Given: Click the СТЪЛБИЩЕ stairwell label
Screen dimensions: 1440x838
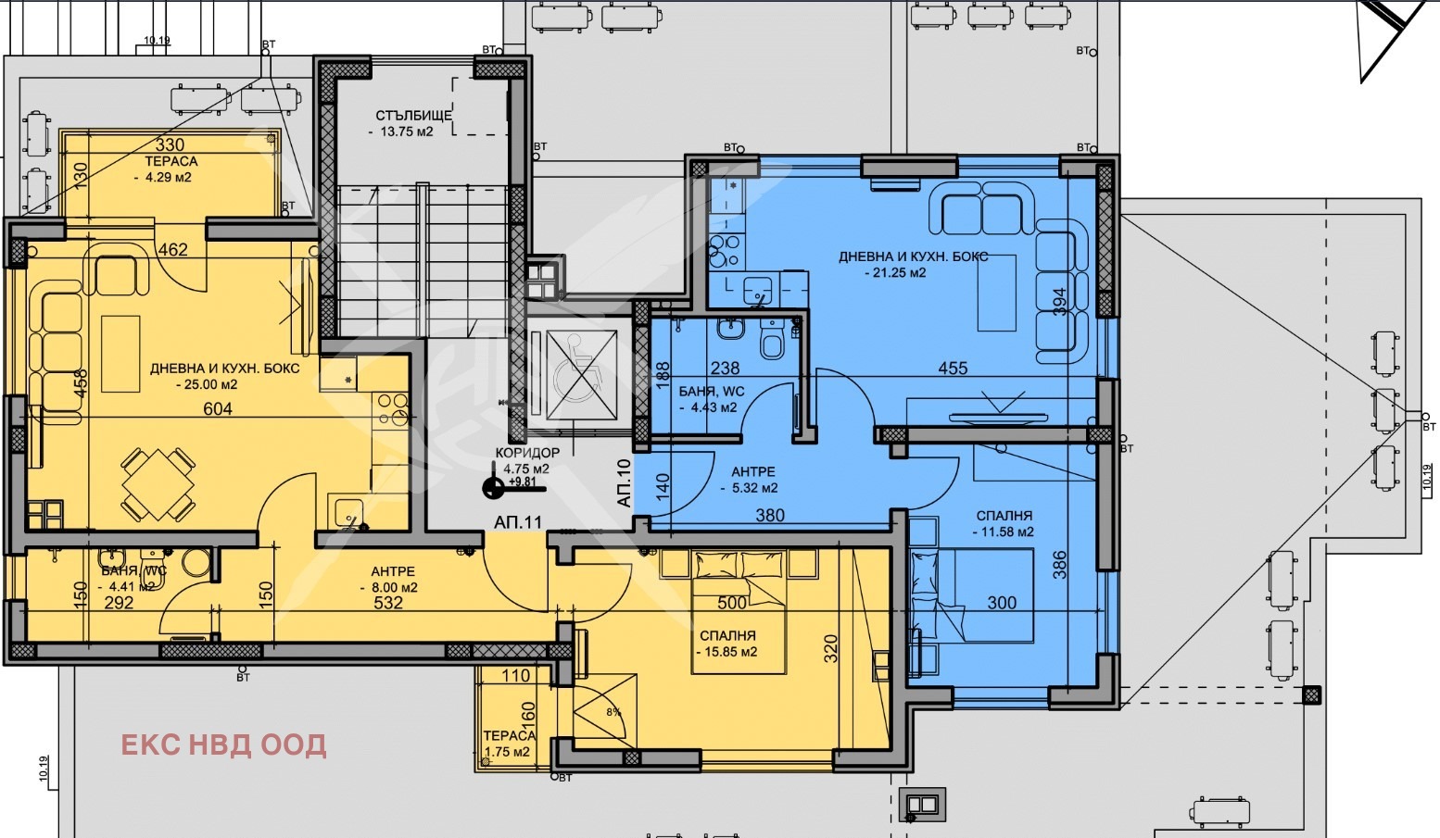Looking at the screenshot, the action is click(x=414, y=116).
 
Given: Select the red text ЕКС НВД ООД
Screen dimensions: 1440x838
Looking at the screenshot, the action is click(x=223, y=744).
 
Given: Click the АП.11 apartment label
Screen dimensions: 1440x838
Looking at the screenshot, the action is click(x=518, y=522).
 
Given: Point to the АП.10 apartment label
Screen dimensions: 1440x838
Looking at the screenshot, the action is click(x=624, y=483).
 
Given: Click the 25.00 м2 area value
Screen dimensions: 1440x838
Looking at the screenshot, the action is click(x=207, y=384).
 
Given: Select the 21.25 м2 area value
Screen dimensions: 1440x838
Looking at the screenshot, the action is click(x=895, y=272).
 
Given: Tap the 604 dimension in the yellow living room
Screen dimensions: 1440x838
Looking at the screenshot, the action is click(x=218, y=408).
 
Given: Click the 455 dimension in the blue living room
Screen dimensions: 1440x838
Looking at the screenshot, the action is click(x=953, y=368).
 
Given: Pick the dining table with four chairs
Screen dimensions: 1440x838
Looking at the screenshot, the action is click(x=158, y=484).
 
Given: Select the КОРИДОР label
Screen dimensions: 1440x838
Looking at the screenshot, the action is click(x=527, y=452).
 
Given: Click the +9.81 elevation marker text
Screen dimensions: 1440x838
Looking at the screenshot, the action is click(x=522, y=481).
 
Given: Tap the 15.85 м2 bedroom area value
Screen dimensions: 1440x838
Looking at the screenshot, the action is click(x=727, y=652).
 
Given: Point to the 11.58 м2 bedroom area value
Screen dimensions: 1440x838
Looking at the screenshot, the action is click(x=1004, y=532).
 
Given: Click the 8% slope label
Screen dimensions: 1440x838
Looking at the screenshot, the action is click(x=614, y=712).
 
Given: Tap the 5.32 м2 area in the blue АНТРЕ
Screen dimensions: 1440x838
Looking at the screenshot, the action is click(x=750, y=488).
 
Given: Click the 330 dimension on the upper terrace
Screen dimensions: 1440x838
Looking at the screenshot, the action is click(x=171, y=145).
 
